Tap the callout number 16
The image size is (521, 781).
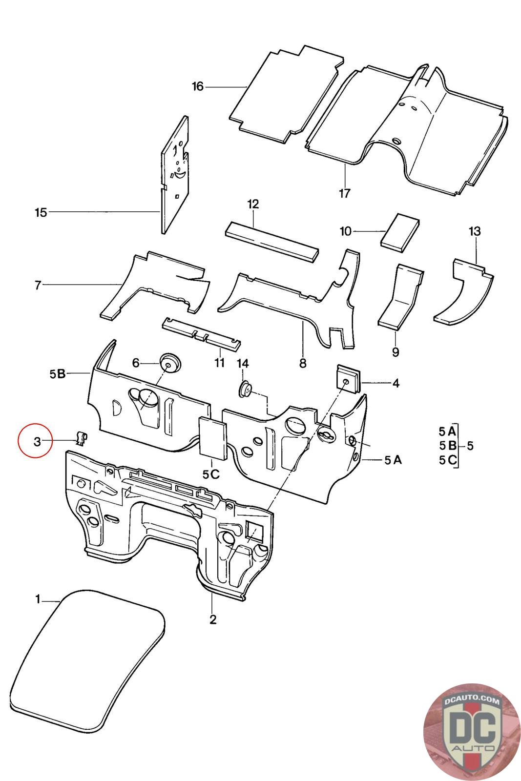(198, 86)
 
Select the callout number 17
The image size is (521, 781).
(344, 193)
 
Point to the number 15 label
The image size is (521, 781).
(41, 212)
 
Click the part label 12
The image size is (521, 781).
(253, 204)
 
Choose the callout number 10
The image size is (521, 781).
(346, 231)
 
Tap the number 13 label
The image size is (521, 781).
(475, 231)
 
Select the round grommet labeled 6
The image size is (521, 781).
(170, 363)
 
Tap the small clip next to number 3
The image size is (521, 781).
(81, 437)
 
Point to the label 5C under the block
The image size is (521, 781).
(211, 474)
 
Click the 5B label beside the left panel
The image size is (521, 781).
(58, 374)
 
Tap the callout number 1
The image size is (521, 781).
(38, 600)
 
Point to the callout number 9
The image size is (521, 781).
(395, 352)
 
